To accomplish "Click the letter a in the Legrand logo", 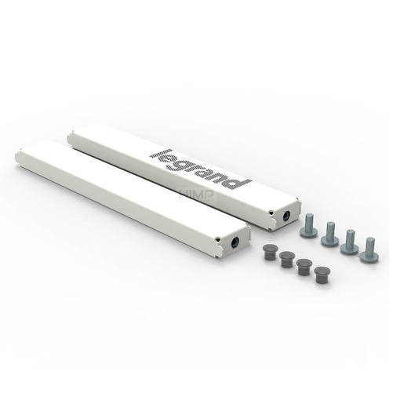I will tap(207, 170).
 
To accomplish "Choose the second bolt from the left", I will tap(329, 234).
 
